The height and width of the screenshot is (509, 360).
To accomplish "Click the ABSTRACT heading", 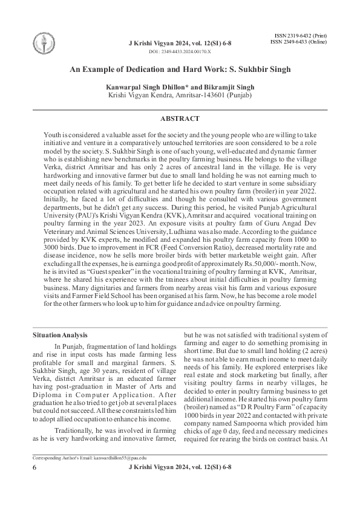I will coord(180,119).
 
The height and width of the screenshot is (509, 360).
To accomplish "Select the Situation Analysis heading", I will coord(60,334).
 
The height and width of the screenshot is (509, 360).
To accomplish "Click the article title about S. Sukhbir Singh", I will coord(180,70).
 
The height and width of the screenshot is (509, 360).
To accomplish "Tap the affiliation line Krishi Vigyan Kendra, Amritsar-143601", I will coord(180,96).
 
